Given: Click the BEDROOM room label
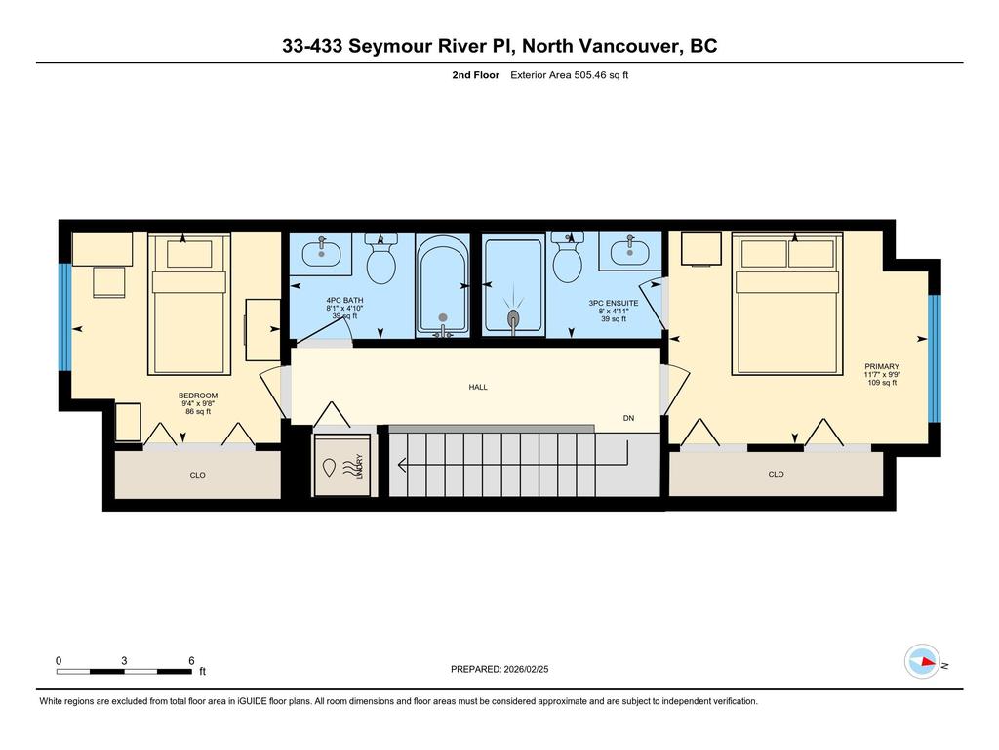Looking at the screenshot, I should tap(198, 396).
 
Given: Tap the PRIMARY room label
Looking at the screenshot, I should tap(881, 367).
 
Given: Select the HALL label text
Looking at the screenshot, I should tap(478, 387).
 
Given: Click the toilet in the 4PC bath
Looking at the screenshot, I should tap(380, 262).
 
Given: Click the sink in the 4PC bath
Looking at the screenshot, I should tap(320, 254).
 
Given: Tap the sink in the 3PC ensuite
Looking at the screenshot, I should tap(629, 252).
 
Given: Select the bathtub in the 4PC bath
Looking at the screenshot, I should tap(443, 286).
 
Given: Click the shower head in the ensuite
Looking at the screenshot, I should tap(514, 317).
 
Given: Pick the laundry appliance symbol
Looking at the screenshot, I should tap(341, 467).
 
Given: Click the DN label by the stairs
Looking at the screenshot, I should tap(630, 419).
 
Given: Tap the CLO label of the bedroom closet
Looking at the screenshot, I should tap(198, 476).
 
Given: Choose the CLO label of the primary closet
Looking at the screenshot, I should tap(776, 475).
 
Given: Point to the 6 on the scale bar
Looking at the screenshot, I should tap(191, 660).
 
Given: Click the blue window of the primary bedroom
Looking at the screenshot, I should tap(933, 357).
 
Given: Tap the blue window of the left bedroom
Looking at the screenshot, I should tap(64, 317).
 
